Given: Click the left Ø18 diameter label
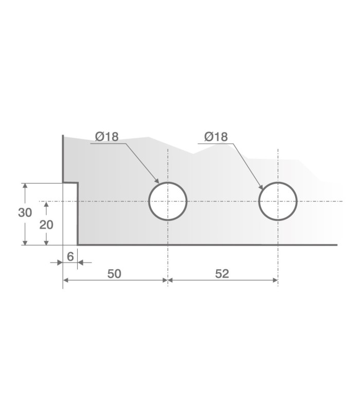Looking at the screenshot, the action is [107, 137].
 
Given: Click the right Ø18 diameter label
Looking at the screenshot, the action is [216, 137].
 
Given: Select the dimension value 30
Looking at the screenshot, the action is [25, 213].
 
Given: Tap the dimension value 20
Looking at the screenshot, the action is [46, 225].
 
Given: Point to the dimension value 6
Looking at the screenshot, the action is [70, 256].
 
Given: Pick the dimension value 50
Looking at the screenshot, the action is [114, 274].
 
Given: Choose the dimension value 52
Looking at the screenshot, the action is [222, 274].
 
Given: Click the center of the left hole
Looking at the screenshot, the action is [168, 201].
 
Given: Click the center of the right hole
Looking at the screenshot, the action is [278, 201].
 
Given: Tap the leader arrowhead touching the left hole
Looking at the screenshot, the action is [157, 181].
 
